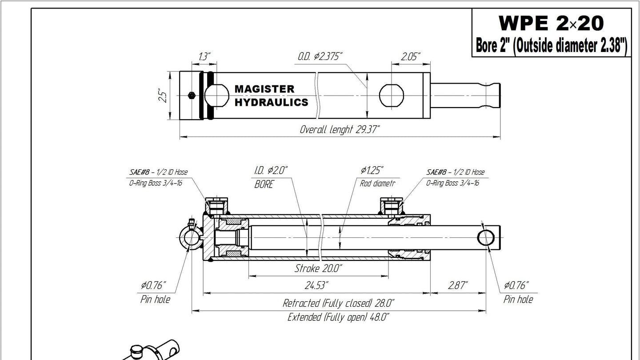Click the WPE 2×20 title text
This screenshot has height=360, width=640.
click(x=551, y=23)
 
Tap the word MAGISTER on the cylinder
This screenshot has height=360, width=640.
click(x=264, y=89)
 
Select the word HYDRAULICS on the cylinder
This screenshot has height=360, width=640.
click(x=271, y=102)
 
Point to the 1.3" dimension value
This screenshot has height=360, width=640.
click(x=204, y=56)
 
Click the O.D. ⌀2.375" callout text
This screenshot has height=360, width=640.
click(x=320, y=56)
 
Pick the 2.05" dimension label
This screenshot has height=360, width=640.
click(x=411, y=56)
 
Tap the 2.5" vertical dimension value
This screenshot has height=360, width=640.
click(x=163, y=96)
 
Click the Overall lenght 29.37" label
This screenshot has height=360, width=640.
click(x=340, y=129)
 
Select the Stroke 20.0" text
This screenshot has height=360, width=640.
click(x=318, y=268)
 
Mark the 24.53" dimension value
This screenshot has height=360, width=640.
click(x=316, y=285)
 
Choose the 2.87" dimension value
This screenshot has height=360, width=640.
click(x=458, y=285)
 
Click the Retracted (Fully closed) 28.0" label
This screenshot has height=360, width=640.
click(x=339, y=303)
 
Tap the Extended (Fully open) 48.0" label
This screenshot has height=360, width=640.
click(x=339, y=317)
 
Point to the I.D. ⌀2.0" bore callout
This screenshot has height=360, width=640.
click(x=271, y=171)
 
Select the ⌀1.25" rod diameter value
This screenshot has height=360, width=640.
click(x=372, y=171)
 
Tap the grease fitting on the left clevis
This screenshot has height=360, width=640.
click(x=191, y=224)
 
